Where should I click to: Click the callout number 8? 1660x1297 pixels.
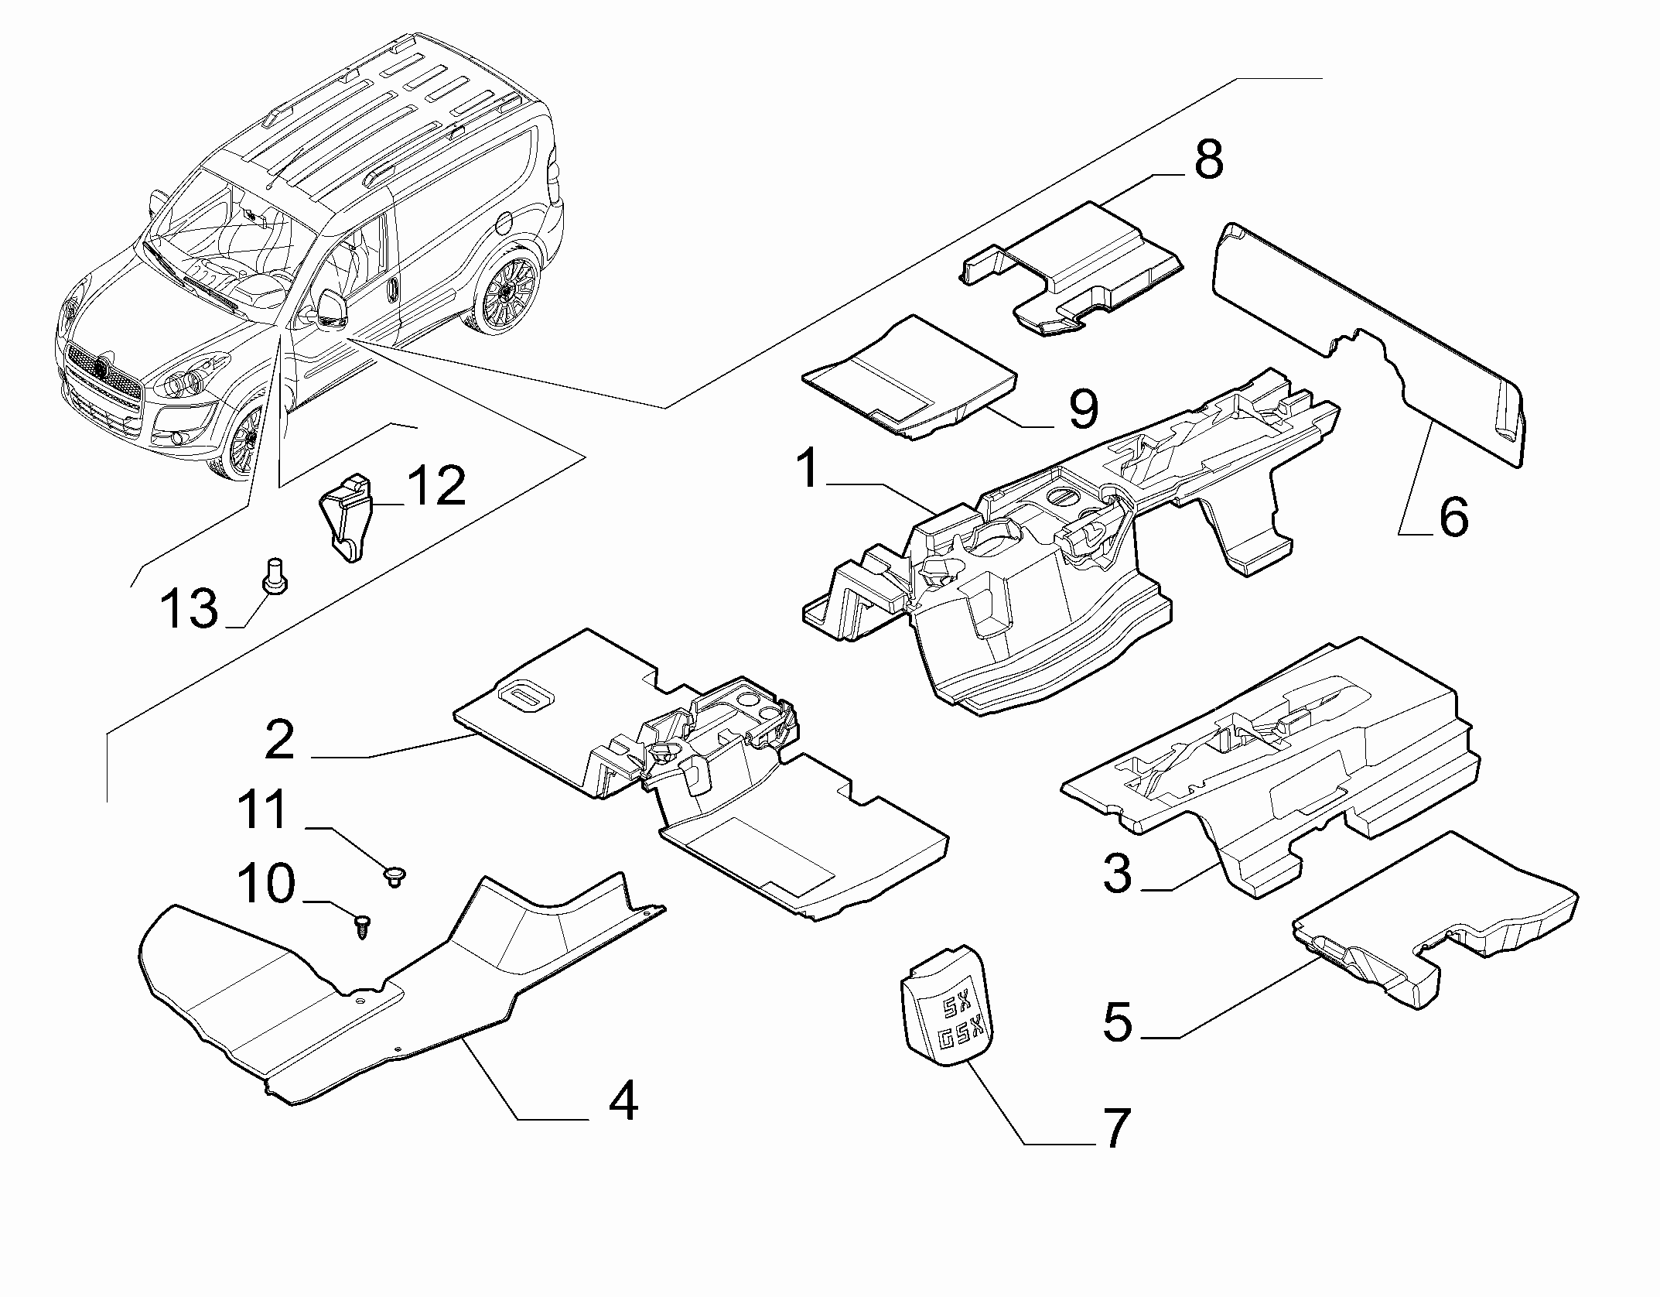tap(1207, 160)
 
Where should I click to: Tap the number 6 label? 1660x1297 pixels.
tap(1453, 518)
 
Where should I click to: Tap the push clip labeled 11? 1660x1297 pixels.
tap(396, 877)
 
